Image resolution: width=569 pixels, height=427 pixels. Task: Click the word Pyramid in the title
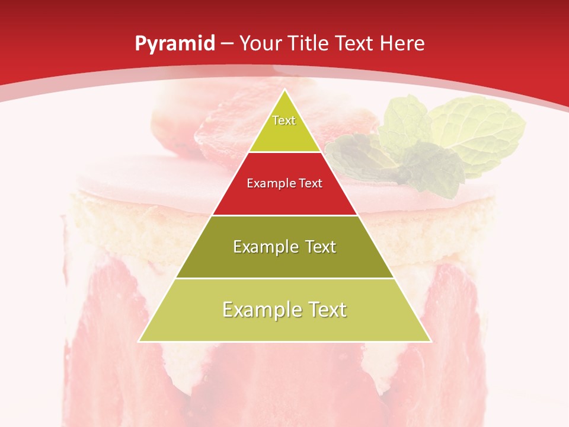[174, 43]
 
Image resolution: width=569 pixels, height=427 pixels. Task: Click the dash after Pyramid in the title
[227, 44]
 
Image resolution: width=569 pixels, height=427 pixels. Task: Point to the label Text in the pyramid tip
[284, 120]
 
